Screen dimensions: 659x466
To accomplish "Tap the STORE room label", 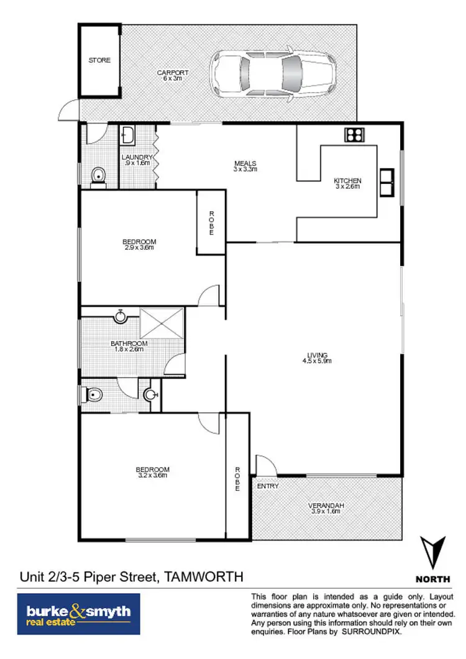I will click(99, 60).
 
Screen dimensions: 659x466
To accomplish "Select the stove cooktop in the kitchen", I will click(354, 135).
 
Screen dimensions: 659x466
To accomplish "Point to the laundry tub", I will click(129, 136).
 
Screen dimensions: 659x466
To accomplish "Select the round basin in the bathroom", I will click(121, 317).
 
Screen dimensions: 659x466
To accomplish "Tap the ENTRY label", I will click(268, 486).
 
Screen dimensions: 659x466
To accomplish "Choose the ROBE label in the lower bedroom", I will click(237, 479).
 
